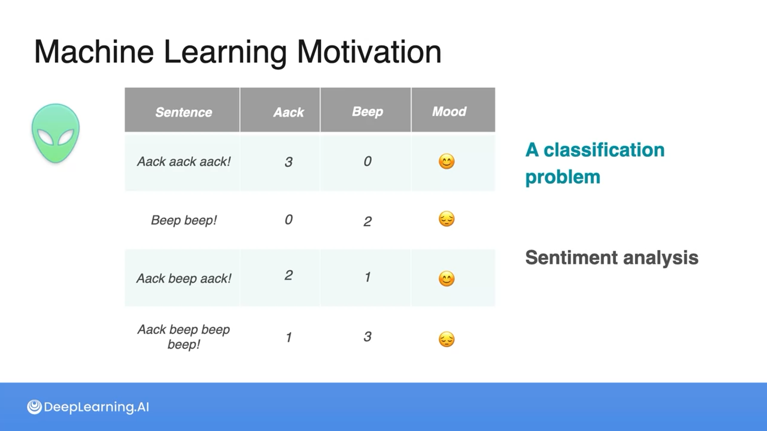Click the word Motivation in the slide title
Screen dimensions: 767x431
[x=369, y=52]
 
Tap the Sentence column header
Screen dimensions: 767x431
[x=184, y=112]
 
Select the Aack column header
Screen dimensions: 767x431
[x=288, y=112]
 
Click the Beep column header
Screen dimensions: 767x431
[x=368, y=112]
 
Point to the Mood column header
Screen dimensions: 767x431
[x=449, y=111]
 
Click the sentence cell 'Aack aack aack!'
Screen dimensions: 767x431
[x=184, y=162]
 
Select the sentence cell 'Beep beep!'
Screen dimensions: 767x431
[x=184, y=220]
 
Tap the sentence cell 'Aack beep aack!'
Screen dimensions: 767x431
[x=184, y=279]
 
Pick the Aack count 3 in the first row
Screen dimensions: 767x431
[x=288, y=162]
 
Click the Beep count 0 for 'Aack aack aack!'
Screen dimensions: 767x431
[x=368, y=161]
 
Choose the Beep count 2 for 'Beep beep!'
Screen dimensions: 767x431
[x=368, y=221]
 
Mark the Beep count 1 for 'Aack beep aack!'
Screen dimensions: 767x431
[x=368, y=277]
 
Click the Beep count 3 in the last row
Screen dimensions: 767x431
[x=368, y=337]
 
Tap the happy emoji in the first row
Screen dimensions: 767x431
[x=447, y=162]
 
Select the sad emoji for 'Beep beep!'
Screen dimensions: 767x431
[x=447, y=219]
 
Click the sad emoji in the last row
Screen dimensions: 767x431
[x=447, y=340]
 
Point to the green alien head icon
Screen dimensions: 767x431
[x=56, y=133]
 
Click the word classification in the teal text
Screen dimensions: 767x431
[x=604, y=150]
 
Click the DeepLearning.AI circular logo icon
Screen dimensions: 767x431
[x=34, y=407]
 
